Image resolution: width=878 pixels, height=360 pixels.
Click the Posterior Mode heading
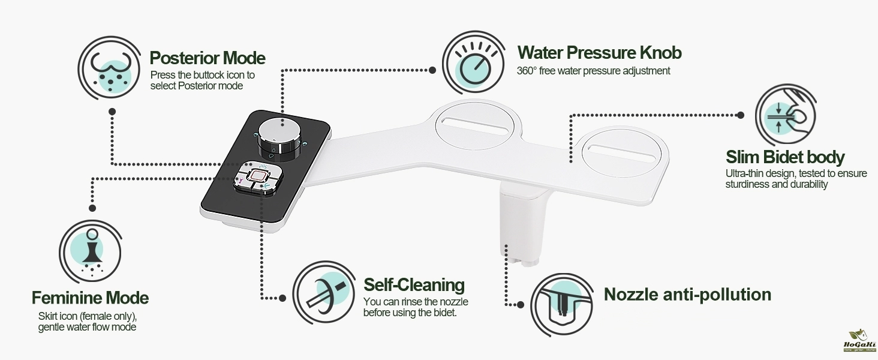point(208,58)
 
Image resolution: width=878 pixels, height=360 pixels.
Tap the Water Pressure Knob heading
point(599,53)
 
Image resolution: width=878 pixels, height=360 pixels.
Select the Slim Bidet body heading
point(785,157)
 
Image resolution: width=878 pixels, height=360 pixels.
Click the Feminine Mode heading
point(90,298)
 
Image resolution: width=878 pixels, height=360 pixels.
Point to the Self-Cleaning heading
point(414,285)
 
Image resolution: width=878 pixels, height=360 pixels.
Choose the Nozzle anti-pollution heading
point(687,295)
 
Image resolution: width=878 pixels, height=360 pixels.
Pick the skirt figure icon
point(92,252)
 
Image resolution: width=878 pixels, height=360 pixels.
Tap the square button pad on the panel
point(258,178)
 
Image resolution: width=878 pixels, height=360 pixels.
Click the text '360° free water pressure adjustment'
point(594,71)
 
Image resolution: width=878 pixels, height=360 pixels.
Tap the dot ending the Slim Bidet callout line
point(741,115)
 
